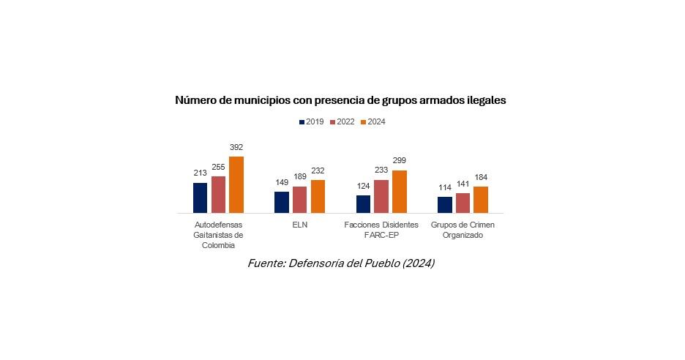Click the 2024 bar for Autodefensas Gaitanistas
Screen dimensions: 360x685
pyautogui.click(x=236, y=184)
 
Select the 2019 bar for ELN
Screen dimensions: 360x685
pyautogui.click(x=282, y=202)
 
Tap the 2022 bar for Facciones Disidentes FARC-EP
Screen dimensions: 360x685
pyautogui.click(x=381, y=196)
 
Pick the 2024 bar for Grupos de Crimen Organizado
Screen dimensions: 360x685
pyautogui.click(x=481, y=199)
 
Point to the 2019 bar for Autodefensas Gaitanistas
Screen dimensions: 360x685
pyautogui.click(x=200, y=198)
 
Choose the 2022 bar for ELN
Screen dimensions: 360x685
pyautogui.click(x=299, y=199)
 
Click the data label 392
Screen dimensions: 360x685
pyautogui.click(x=236, y=147)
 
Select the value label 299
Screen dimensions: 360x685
pyautogui.click(x=399, y=160)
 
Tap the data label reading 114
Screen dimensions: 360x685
pyautogui.click(x=445, y=187)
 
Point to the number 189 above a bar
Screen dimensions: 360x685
pyautogui.click(x=299, y=176)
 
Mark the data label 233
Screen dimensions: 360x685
pyautogui.click(x=381, y=170)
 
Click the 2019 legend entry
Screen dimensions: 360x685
pyautogui.click(x=312, y=122)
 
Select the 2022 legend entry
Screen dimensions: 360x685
pyautogui.click(x=342, y=122)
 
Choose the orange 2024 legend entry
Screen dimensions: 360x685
pyautogui.click(x=373, y=122)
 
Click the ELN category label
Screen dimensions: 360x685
pyautogui.click(x=299, y=225)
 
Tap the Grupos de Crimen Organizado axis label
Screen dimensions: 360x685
pyautogui.click(x=463, y=230)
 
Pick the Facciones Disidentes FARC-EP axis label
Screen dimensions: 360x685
pyautogui.click(x=381, y=230)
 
